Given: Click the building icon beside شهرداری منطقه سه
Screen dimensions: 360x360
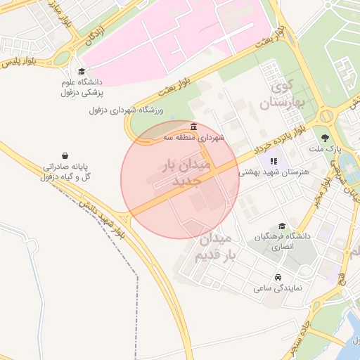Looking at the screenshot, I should pos(193,126).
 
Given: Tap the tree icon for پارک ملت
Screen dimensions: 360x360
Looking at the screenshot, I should pos(324,138).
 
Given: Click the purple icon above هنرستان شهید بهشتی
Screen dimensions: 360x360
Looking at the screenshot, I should pos(274,161).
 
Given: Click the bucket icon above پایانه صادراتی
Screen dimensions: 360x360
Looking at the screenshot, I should pos(65,155).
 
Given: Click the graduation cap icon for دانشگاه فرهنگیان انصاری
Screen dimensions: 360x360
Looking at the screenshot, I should pos(282,226).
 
